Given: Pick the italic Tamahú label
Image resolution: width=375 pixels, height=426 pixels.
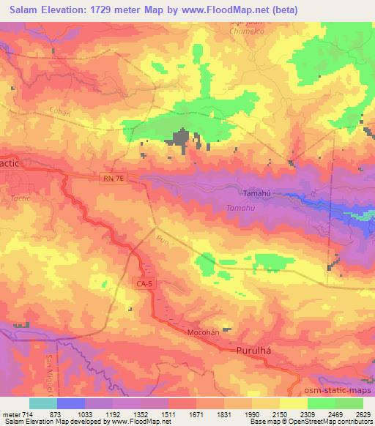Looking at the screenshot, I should point(240,208).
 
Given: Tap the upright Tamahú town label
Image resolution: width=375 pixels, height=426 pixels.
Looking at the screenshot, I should point(257,193).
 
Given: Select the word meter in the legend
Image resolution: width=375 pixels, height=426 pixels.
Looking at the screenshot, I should point(10,414).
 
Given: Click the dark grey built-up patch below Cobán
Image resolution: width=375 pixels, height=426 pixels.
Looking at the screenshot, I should point(180,139).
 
